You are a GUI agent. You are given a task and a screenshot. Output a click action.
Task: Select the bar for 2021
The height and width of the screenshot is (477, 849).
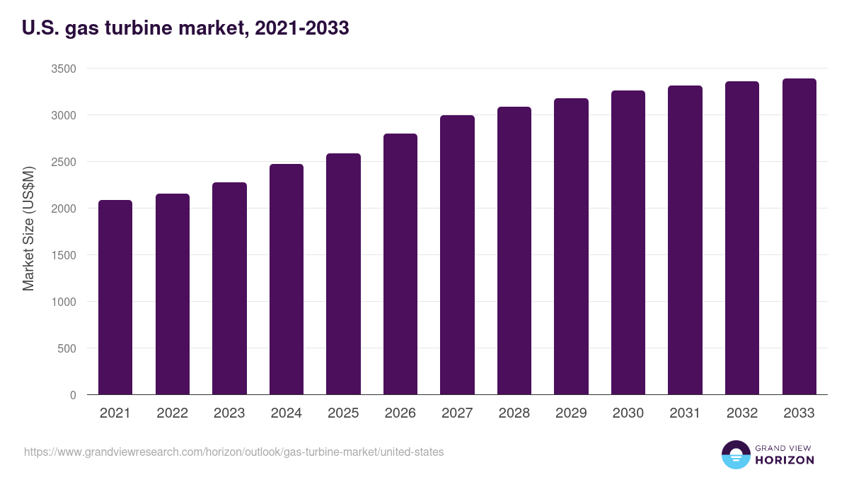tap(115, 297)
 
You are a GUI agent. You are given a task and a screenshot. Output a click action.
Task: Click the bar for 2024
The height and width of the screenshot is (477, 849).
tap(287, 279)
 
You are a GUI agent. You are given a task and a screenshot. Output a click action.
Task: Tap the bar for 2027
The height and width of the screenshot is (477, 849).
tap(457, 254)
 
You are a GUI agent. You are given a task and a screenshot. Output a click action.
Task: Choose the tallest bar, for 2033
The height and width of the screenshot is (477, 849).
tap(799, 237)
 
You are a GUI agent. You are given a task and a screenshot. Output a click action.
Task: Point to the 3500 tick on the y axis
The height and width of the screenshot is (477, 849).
tap(63, 69)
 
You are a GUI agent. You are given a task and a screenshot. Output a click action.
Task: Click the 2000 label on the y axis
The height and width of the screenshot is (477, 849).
tap(63, 208)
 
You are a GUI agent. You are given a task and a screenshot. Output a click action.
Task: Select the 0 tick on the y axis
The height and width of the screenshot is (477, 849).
tap(73, 395)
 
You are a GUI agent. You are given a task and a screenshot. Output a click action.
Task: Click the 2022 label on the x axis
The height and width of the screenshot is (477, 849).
tap(173, 413)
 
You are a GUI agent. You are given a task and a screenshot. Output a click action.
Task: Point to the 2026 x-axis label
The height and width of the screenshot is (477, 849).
tap(400, 413)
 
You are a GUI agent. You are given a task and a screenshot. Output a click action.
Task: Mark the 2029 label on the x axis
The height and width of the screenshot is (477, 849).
tap(571, 413)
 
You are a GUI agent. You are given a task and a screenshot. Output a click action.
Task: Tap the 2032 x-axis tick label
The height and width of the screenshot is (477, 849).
tap(742, 413)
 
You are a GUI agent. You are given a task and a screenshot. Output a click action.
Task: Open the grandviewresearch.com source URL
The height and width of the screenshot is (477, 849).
tap(234, 452)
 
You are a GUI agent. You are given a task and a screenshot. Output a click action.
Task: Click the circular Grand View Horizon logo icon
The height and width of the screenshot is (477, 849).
tap(735, 454)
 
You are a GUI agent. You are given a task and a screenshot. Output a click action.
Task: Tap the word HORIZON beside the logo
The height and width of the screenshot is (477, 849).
tap(784, 460)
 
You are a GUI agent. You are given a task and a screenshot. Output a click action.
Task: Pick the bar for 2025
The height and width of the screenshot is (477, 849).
tap(343, 273)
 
